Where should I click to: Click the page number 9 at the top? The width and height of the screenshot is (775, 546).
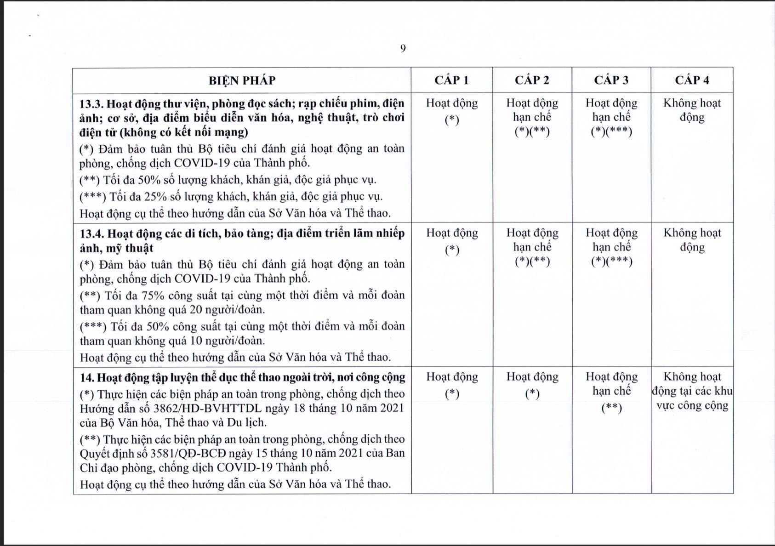403,49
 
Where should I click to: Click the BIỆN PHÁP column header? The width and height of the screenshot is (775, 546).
242,80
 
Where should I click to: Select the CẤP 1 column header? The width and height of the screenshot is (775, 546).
451,80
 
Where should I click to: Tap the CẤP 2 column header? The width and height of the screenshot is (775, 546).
532,80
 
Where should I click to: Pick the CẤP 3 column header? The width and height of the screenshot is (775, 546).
611,80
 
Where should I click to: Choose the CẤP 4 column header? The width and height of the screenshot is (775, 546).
692,80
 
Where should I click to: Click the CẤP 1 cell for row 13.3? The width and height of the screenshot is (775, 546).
452,111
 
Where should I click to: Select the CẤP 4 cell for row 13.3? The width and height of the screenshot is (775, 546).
692,110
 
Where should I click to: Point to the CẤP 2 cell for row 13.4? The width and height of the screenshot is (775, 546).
532,247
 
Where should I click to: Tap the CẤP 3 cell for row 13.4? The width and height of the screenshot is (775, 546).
611,247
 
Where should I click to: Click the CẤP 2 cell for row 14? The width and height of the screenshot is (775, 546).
532,385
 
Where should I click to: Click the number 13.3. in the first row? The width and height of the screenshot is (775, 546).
92,103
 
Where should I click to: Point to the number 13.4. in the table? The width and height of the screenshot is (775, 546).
92,233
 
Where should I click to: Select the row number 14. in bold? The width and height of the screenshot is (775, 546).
87,378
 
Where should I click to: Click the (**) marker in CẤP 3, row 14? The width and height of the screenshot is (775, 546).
611,408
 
